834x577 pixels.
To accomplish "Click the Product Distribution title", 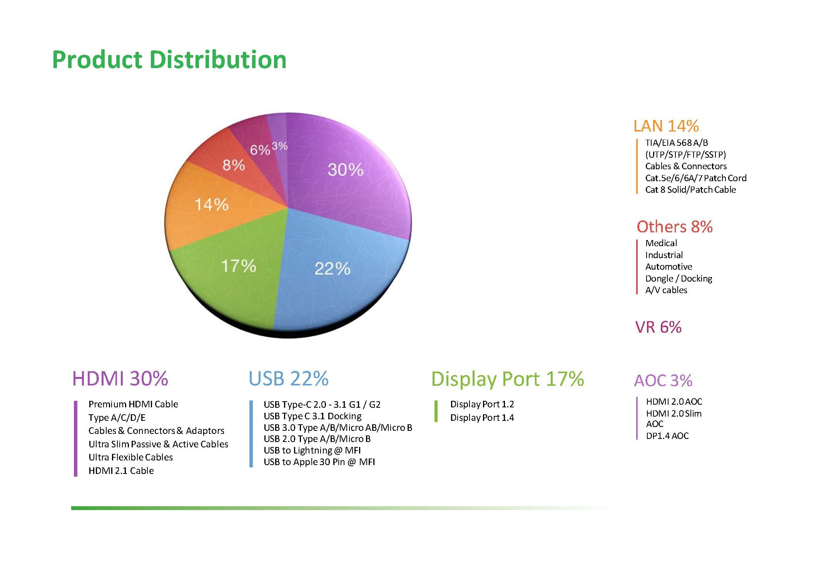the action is pyautogui.click(x=169, y=60).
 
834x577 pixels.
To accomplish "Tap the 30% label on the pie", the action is pyautogui.click(x=346, y=170).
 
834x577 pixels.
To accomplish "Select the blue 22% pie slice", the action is pyautogui.click(x=339, y=269).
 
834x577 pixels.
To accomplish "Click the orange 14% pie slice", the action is pyautogui.click(x=216, y=208).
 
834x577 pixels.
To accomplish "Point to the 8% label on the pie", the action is pyautogui.click(x=234, y=165).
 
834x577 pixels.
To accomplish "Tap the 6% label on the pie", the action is pyautogui.click(x=260, y=150).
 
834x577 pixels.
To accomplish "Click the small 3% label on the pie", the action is pyautogui.click(x=280, y=146).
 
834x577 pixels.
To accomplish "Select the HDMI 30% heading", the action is pyautogui.click(x=120, y=379).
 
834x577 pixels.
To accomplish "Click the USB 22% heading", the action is pyautogui.click(x=289, y=379).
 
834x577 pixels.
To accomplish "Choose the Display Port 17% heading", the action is pyautogui.click(x=508, y=379).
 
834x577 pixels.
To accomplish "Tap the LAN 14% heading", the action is pyautogui.click(x=666, y=126).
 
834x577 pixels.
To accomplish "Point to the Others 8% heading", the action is pyautogui.click(x=675, y=227).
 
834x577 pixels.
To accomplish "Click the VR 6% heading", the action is pyautogui.click(x=659, y=327).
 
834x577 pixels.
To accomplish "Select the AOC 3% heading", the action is pyautogui.click(x=663, y=380).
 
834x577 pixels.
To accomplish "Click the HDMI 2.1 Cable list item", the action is pyautogui.click(x=121, y=470).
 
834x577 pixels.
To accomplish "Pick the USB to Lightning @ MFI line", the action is pyautogui.click(x=312, y=450).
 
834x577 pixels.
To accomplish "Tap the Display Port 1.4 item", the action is pyautogui.click(x=482, y=418).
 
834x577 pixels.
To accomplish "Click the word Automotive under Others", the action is pyautogui.click(x=669, y=267).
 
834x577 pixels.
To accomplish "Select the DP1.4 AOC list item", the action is pyautogui.click(x=667, y=436).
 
